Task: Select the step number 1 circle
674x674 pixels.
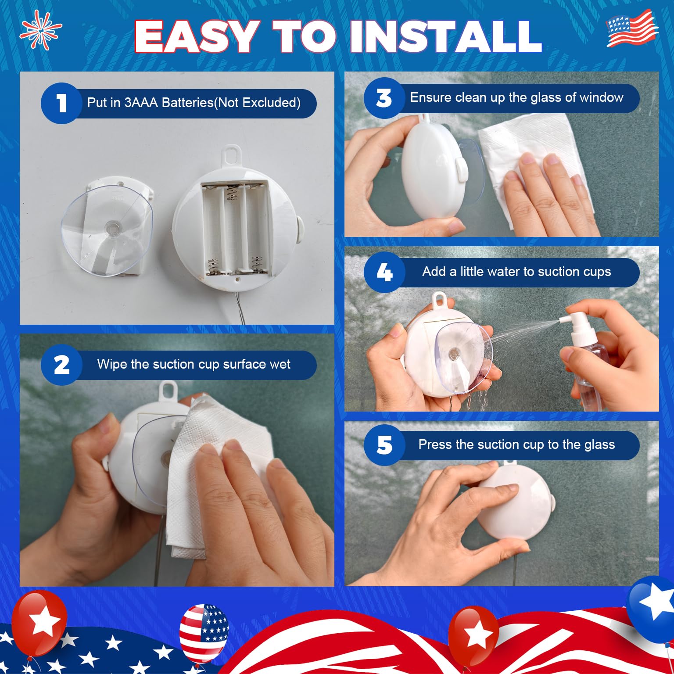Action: pyautogui.click(x=61, y=103)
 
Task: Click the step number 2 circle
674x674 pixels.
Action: pyautogui.click(x=61, y=365)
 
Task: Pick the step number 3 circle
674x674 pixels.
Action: pyautogui.click(x=384, y=98)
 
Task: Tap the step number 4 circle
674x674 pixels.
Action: pyautogui.click(x=384, y=272)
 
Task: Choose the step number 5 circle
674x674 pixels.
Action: pyautogui.click(x=384, y=445)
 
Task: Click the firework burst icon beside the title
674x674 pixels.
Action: pyautogui.click(x=40, y=29)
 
